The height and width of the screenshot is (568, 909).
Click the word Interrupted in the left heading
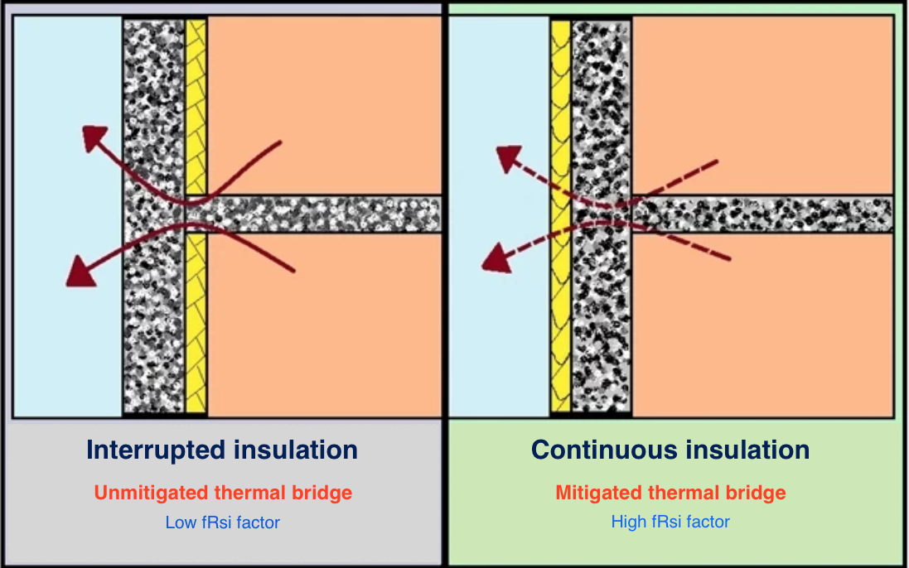155,450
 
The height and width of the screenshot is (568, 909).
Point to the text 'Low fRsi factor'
223,522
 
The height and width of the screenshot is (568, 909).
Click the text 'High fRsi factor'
670,522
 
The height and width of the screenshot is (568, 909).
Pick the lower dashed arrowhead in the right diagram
496,258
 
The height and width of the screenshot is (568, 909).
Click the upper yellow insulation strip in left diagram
196,103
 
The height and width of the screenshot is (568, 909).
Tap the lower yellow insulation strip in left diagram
196,323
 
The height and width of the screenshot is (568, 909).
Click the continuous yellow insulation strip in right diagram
560,215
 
